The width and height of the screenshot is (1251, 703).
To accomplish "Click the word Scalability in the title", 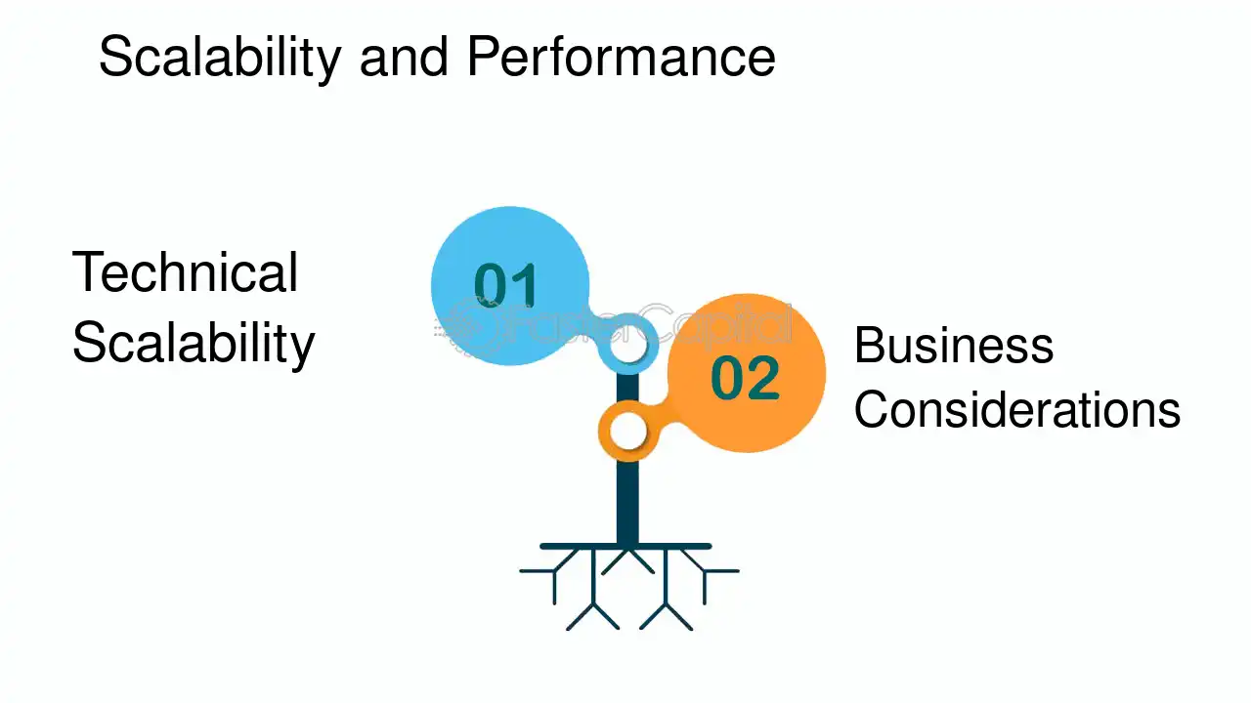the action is [x=220, y=58].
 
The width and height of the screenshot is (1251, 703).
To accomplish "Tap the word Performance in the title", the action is [x=621, y=57].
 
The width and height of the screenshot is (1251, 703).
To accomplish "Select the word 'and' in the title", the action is [x=404, y=57].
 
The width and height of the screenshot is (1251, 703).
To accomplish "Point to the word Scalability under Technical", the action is [x=194, y=344].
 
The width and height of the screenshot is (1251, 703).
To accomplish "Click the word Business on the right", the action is [x=953, y=346].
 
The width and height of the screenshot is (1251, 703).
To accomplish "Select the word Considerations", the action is [x=1017, y=409].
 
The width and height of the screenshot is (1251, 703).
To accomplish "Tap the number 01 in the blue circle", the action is [x=506, y=284].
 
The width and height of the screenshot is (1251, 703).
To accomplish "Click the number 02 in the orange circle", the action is [x=745, y=378].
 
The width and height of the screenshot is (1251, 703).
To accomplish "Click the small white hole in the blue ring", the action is [x=627, y=346].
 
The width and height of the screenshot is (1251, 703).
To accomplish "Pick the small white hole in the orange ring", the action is [x=627, y=432].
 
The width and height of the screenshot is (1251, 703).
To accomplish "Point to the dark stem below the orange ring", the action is [x=627, y=502].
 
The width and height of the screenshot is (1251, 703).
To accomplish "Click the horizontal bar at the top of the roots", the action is [x=625, y=546].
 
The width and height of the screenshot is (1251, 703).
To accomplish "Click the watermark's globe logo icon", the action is [x=466, y=326].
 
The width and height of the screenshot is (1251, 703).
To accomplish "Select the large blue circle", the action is [x=510, y=286].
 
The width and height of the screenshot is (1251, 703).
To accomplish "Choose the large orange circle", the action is [x=747, y=373].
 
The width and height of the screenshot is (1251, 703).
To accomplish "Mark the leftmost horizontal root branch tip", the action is [x=522, y=571].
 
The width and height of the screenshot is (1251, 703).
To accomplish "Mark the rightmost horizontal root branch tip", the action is [x=737, y=571].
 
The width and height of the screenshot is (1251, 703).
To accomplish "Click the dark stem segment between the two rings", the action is [x=627, y=388].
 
